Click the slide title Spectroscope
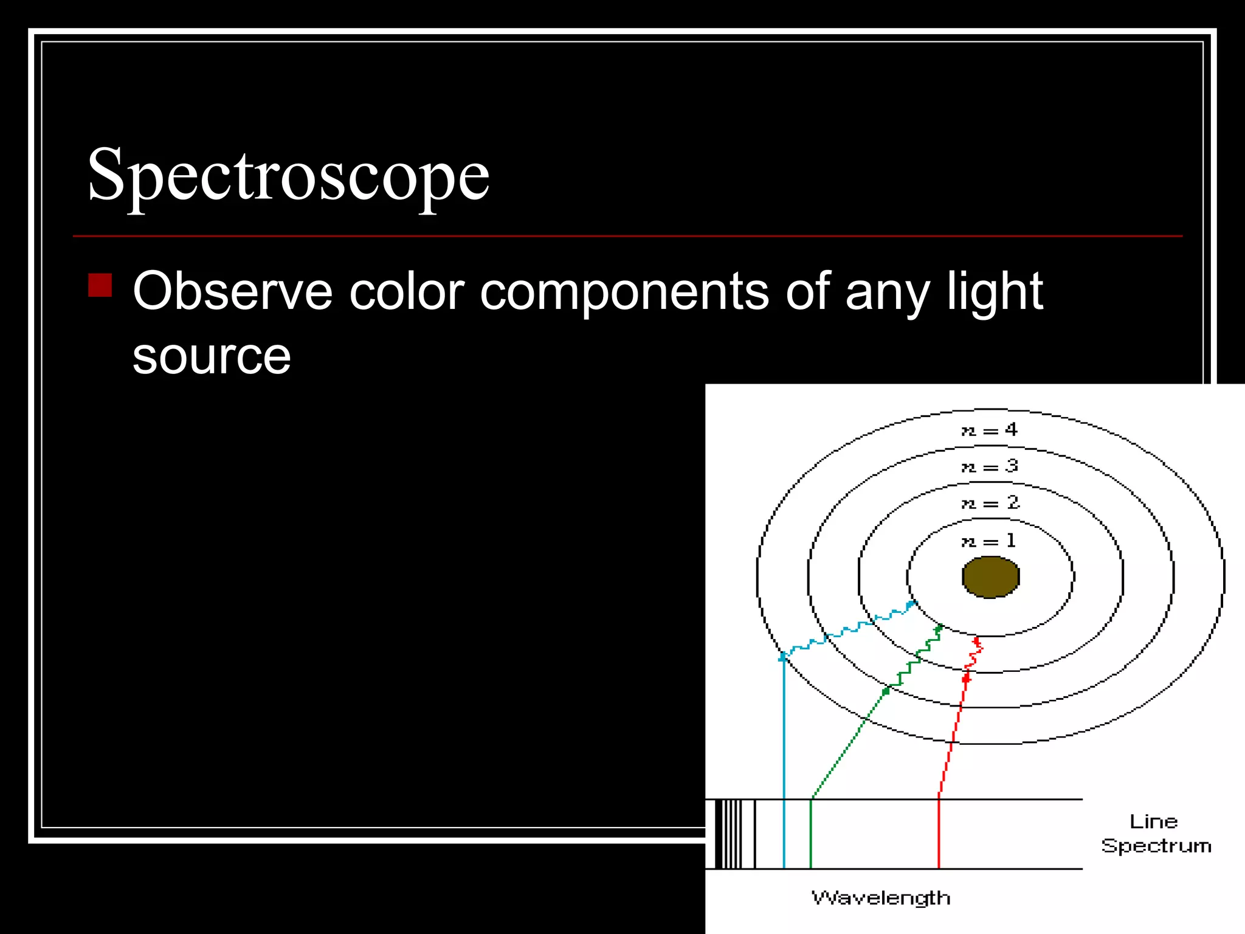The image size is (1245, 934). (288, 175)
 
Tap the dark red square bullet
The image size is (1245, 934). (100, 285)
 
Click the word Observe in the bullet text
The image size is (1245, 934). (232, 292)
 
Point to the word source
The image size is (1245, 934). (212, 356)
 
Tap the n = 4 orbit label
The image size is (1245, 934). (988, 431)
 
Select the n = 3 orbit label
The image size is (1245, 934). (988, 467)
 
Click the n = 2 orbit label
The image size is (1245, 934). (988, 503)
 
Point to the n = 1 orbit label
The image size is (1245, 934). (988, 541)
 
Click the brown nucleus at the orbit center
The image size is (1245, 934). (990, 577)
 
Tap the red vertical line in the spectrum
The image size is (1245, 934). (939, 834)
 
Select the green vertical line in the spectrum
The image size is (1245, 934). (811, 834)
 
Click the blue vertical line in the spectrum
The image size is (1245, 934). (784, 834)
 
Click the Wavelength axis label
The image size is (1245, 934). (881, 898)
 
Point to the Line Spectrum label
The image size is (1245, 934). (1156, 834)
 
